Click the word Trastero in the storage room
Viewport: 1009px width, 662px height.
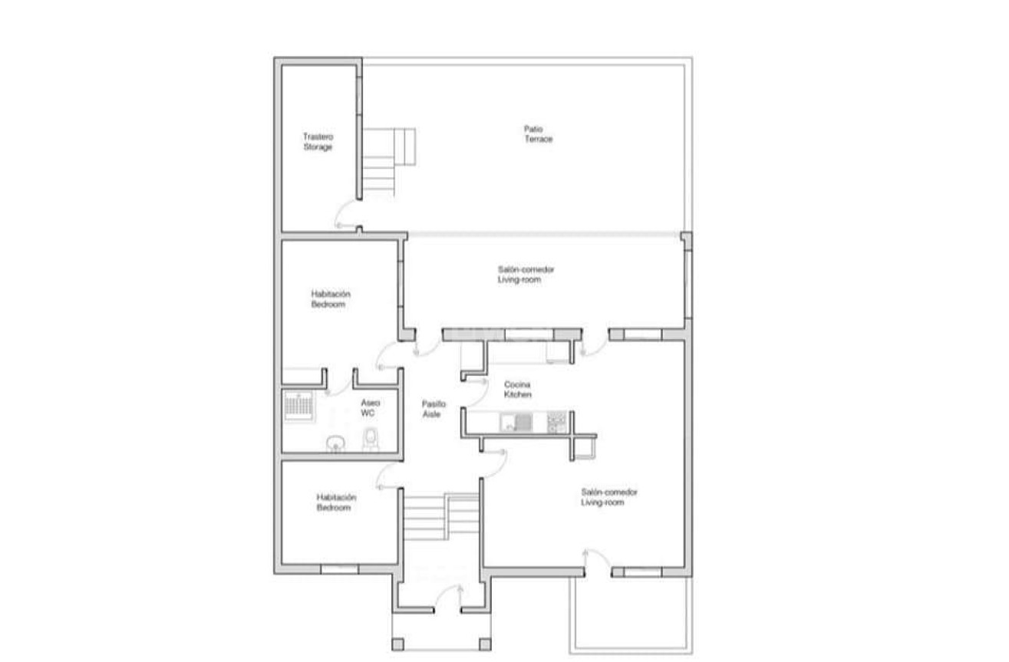[x=318, y=137]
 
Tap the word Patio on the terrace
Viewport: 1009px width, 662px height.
[x=533, y=129]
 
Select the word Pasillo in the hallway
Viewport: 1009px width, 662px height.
[x=434, y=404]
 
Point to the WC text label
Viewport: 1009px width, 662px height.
[x=368, y=413]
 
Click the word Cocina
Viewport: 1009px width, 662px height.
[x=517, y=384]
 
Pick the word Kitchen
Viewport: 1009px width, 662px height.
[x=518, y=394]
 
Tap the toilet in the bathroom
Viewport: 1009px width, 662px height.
[x=371, y=439]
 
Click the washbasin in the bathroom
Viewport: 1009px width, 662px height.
[x=335, y=443]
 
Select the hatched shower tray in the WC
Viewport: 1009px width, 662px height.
[x=298, y=406]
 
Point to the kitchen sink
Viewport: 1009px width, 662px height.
[x=516, y=423]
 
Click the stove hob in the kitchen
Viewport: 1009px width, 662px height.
[x=557, y=423]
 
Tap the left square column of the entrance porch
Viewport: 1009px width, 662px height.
[x=397, y=644]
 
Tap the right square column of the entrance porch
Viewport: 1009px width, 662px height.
[x=485, y=644]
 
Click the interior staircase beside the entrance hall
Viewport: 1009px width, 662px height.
[x=440, y=517]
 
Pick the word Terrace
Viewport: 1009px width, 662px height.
[x=539, y=139]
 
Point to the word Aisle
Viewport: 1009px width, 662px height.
[x=431, y=414]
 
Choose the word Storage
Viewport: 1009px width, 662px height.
[x=318, y=147]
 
